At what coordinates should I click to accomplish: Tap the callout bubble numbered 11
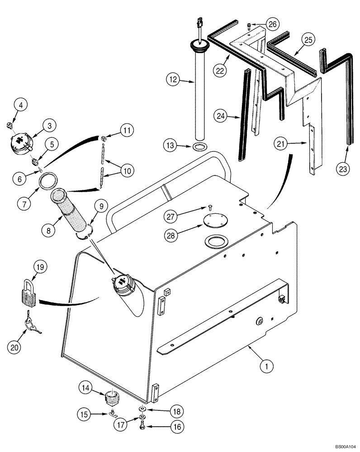tap(127, 131)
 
